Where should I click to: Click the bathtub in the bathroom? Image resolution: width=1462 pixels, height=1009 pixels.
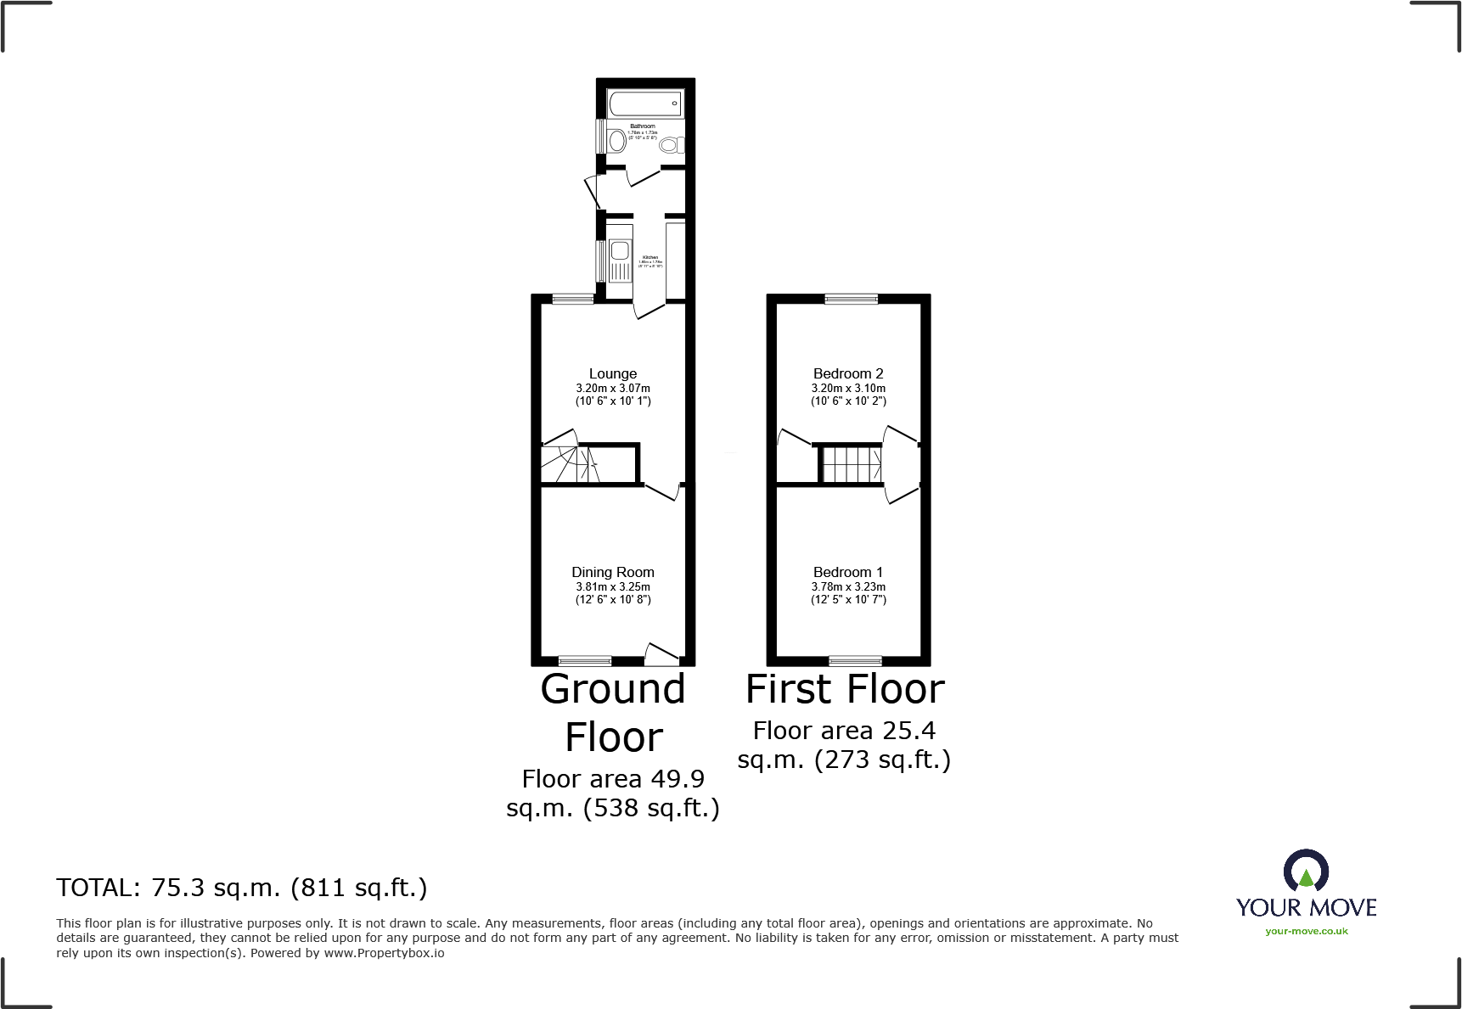tap(646, 104)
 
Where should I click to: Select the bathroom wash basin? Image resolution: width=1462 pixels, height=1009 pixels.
tap(617, 140)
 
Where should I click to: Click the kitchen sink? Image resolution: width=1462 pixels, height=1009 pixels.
tap(620, 251)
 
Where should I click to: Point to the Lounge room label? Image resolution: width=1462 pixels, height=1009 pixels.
tap(613, 374)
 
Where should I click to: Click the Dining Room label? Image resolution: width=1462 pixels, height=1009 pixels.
tap(613, 573)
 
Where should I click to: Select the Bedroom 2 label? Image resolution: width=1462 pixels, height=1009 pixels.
tap(848, 374)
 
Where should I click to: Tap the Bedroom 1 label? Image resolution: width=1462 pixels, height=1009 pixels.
tap(848, 573)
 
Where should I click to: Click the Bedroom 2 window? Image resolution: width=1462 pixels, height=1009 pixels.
tap(852, 298)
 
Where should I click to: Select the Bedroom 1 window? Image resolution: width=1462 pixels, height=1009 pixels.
tap(855, 660)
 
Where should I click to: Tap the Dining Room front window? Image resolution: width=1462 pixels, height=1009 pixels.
tap(585, 660)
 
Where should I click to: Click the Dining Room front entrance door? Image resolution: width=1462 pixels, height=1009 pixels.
tap(662, 653)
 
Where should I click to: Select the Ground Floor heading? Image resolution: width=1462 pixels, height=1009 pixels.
tap(613, 713)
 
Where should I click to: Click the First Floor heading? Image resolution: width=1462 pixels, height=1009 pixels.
tap(845, 689)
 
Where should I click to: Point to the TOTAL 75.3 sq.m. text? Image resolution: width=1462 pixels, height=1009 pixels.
tap(242, 888)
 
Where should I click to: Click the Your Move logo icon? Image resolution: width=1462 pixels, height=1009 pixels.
tap(1306, 872)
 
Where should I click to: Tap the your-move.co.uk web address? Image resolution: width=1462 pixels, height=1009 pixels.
tap(1307, 931)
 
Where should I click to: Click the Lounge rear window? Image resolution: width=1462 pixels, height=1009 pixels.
tap(573, 298)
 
